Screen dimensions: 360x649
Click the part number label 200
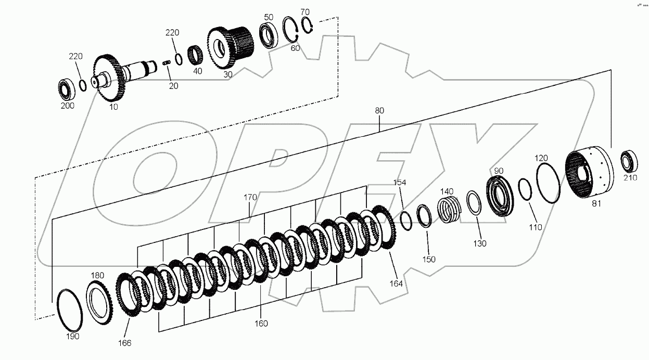[67, 105]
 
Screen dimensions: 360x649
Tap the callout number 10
[113, 107]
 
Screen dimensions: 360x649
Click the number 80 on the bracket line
[379, 111]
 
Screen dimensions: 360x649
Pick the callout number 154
[399, 183]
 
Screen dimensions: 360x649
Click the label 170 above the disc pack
[250, 198]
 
